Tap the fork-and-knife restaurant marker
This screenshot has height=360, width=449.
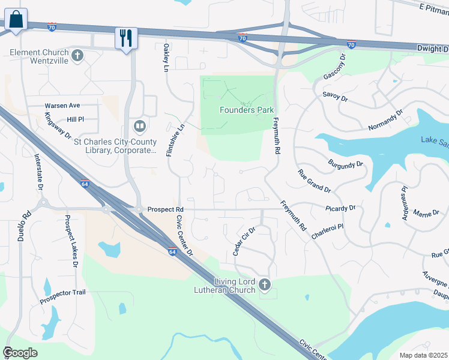click(x=126, y=38)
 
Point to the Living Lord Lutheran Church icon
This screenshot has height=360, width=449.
click(x=265, y=284)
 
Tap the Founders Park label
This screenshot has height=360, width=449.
click(x=247, y=110)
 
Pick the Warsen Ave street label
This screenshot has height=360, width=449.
click(x=62, y=106)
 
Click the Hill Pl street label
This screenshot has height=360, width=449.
click(x=76, y=119)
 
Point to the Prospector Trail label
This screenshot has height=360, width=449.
click(x=63, y=292)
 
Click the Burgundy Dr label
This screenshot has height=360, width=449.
click(x=346, y=163)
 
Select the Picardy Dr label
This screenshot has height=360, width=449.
click(x=342, y=208)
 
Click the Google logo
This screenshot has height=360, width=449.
click(x=20, y=353)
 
